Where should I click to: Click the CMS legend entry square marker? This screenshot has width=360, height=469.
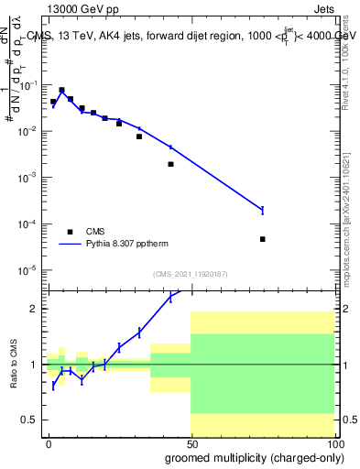click(x=70, y=232)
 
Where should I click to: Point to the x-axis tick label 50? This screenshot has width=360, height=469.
click(x=191, y=443)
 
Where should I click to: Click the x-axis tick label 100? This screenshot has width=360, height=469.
click(x=332, y=443)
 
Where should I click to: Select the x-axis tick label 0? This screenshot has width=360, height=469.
click(x=49, y=443)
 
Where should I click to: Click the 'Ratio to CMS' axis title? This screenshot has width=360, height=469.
click(x=14, y=365)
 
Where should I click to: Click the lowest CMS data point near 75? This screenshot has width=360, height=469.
click(x=262, y=239)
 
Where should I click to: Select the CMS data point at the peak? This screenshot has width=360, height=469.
click(x=61, y=91)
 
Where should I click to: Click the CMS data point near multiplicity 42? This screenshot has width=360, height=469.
click(x=170, y=164)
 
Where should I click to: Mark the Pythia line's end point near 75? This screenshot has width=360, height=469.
click(x=262, y=211)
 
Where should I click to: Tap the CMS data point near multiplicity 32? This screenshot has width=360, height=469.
click(x=139, y=136)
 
